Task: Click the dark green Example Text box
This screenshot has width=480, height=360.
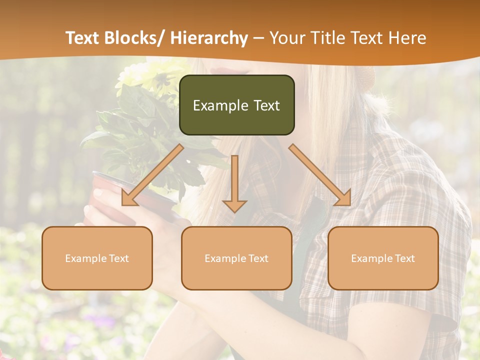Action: [x=236, y=105]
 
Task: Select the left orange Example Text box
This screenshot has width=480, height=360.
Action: [x=97, y=258]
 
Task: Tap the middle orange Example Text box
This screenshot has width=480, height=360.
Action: [x=236, y=258]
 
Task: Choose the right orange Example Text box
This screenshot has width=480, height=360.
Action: [x=383, y=258]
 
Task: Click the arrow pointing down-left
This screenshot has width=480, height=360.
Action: [x=152, y=175]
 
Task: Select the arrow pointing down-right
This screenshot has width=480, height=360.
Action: [x=320, y=175]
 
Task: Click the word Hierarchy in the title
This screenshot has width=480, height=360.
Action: [x=209, y=38]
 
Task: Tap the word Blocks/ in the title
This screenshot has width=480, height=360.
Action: [x=134, y=38]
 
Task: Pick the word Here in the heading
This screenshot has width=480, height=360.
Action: [x=408, y=38]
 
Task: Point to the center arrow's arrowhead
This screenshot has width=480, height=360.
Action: [x=234, y=206]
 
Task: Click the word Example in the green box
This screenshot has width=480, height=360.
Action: [x=220, y=105]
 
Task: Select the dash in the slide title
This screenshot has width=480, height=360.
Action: [x=258, y=38]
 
